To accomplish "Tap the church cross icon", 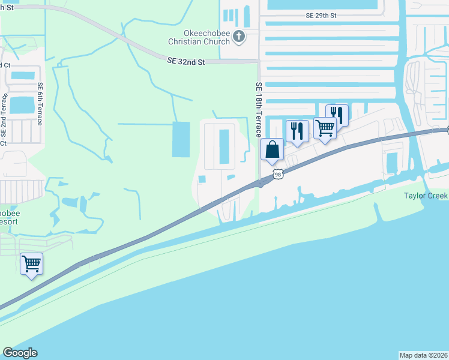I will [239, 37].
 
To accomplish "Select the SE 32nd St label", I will [186, 62].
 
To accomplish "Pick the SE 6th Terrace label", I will [40, 103].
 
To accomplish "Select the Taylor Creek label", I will [426, 196].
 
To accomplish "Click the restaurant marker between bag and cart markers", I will [297, 131].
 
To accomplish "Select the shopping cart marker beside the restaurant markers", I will [325, 128].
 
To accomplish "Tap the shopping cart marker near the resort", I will [31, 263].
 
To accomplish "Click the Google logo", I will [20, 353].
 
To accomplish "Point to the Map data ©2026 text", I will [423, 355].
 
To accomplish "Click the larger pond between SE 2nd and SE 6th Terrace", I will [23, 105].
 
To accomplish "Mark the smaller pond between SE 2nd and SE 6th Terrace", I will [23, 76].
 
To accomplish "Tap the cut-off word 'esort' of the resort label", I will [9, 221].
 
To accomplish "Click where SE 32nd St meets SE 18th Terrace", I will [258, 61].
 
